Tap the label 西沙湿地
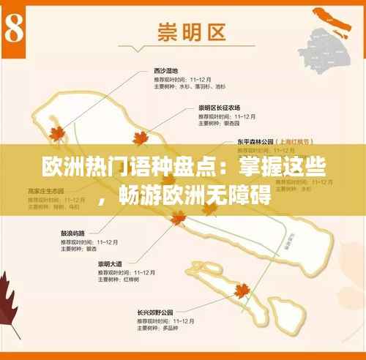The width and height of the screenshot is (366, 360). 165,70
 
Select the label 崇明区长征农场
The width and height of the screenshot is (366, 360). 219,108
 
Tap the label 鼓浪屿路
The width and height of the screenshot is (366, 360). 74,233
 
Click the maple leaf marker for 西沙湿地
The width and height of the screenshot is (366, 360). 56,132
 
